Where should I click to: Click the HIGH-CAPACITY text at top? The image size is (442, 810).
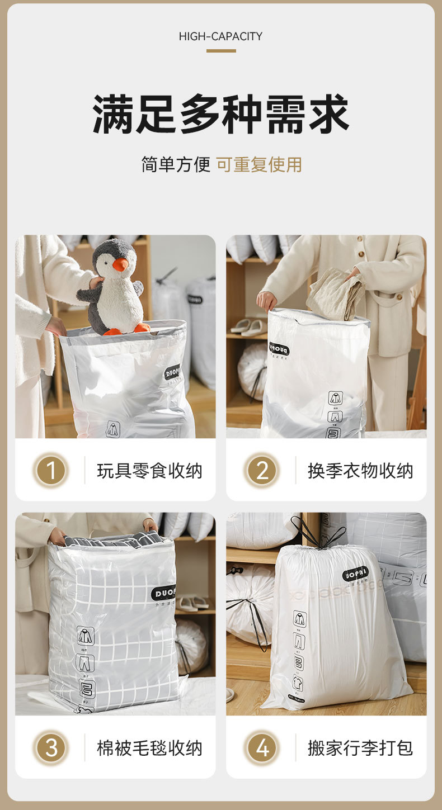pos(220,36)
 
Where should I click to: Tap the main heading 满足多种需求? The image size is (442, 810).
pos(220,115)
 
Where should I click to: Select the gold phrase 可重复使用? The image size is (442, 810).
pos(259,164)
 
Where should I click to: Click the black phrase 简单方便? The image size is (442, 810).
pos(175,164)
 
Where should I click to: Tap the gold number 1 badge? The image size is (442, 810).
pos(51,471)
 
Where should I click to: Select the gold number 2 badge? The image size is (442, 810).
pos(262,471)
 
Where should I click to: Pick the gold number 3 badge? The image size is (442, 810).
pos(51,747)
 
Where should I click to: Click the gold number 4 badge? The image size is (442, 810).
pos(262,747)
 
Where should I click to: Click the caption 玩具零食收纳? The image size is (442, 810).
pos(149,471)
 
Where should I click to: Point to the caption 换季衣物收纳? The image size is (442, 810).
pos(360,471)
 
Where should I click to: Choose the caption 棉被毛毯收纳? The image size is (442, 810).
pos(149,747)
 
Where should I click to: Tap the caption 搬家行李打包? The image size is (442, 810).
pos(360,747)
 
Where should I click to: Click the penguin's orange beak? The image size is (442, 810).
pos(120,264)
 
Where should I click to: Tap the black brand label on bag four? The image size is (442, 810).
pos(355,574)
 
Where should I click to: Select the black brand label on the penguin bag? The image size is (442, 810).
pos(172,372)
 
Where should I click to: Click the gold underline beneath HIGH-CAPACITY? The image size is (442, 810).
pos(220,51)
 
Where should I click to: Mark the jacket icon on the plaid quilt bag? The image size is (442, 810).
pos(86,636)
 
